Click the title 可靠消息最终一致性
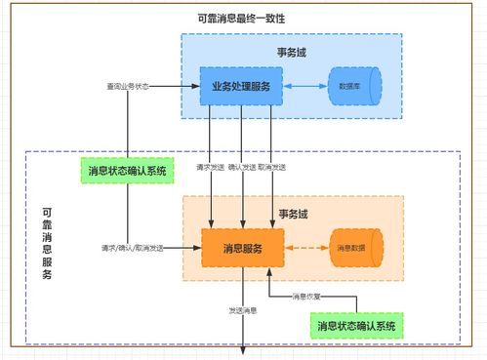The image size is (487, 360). tap(247, 20)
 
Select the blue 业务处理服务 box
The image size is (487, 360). tap(241, 87)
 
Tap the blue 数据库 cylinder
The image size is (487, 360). tap(350, 87)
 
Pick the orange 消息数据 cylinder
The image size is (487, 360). tap(352, 248)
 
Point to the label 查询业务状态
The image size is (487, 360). tap(128, 87)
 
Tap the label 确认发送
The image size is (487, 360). tap(242, 168)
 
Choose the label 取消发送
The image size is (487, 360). tap(272, 168)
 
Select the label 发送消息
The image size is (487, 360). tap(242, 311)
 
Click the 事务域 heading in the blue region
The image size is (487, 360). tap(291, 51)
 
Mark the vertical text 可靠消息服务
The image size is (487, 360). tap(48, 244)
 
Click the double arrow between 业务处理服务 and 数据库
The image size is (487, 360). tap(306, 87)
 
